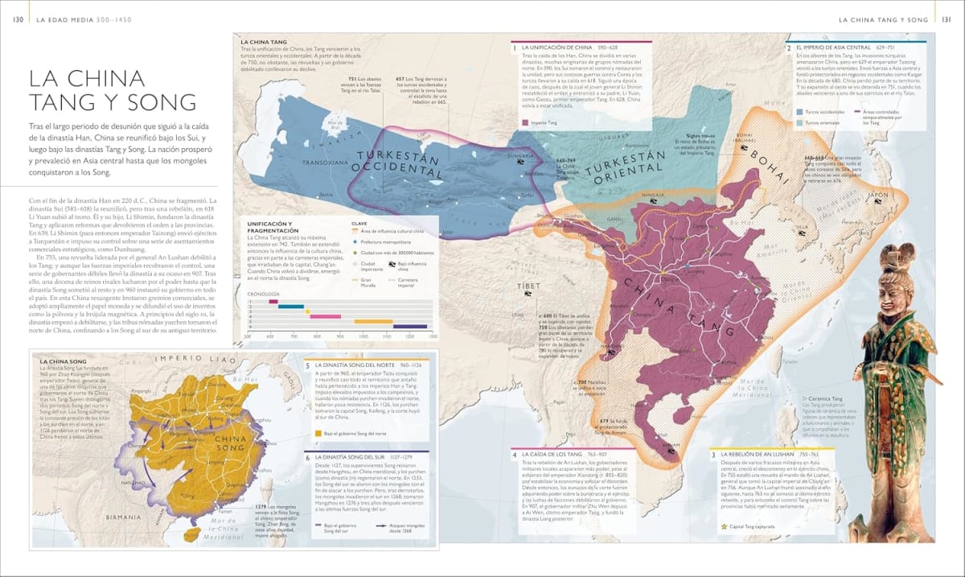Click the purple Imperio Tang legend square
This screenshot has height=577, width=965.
click(526, 123)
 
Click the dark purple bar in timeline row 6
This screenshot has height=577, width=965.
click(410, 326)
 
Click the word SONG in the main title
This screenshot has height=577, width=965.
click(161, 102)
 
